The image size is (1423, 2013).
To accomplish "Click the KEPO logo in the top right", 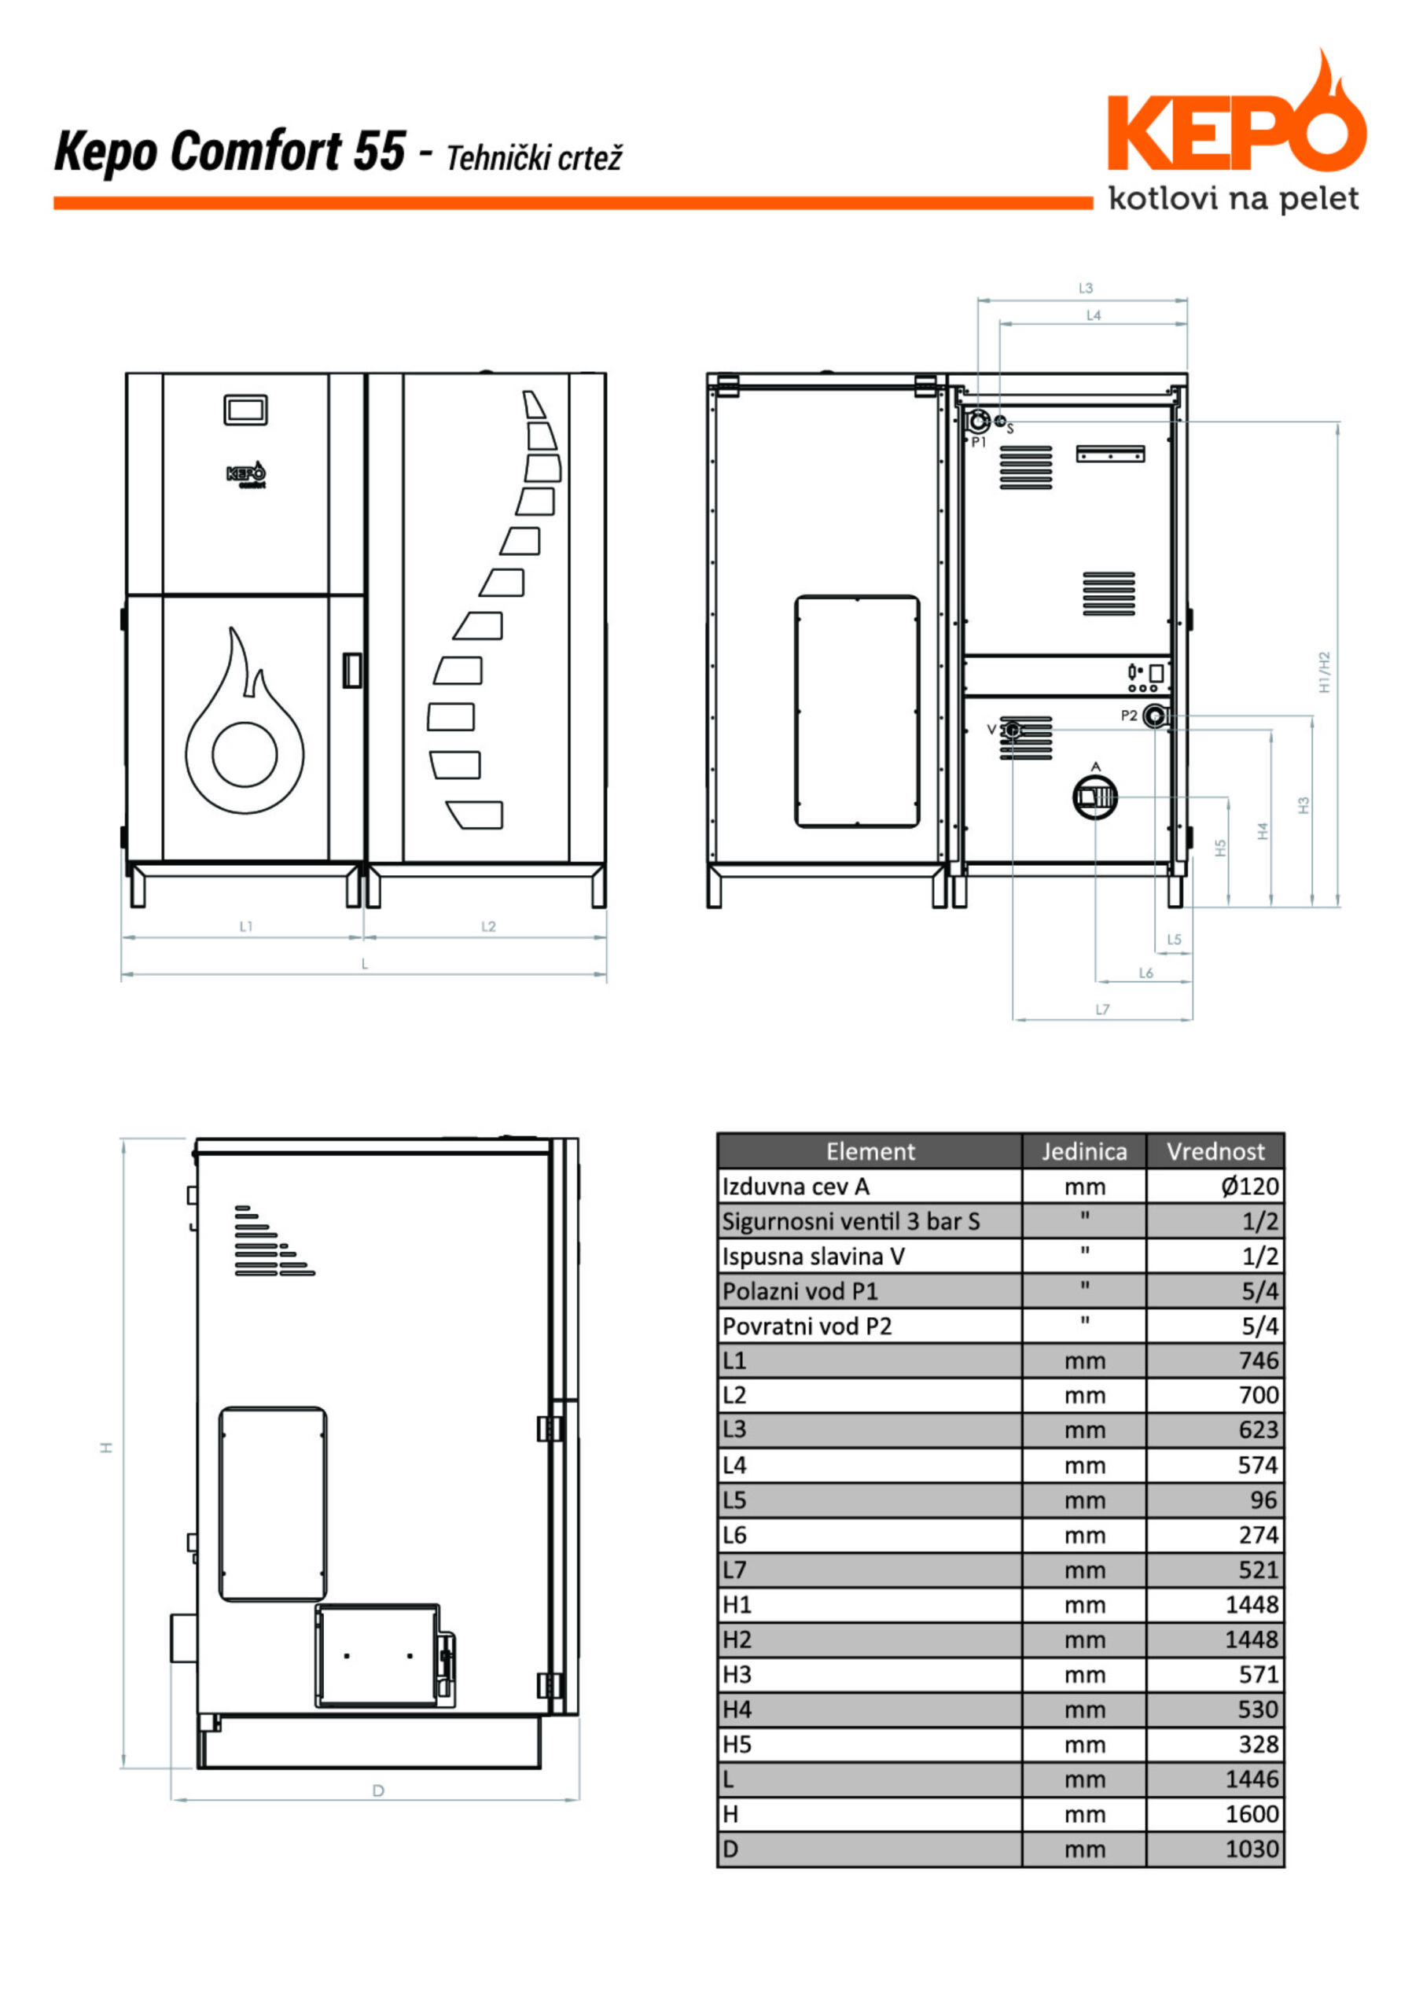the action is point(1236,131).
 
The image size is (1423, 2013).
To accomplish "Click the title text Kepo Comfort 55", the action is point(230,151).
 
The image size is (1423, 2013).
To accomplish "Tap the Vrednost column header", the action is point(1215,1152).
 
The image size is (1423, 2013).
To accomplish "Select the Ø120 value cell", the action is point(1249,1187).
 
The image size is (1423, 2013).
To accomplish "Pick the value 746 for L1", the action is point(1258,1360).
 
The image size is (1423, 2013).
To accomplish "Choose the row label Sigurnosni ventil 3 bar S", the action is point(851,1221).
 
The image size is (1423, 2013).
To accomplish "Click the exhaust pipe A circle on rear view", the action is point(1095,797).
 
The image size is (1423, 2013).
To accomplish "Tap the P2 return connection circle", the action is point(1156,717).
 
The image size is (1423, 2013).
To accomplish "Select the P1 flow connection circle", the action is point(977,421).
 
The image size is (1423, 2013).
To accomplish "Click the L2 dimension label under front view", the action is point(488,926).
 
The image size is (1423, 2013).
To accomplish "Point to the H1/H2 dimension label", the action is point(1325,672).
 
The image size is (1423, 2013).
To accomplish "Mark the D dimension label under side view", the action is point(378,1790).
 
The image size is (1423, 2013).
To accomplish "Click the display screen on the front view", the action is point(245,410).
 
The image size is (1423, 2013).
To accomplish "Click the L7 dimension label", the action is point(1102,1009).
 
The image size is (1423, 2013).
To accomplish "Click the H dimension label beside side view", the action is point(106,1448).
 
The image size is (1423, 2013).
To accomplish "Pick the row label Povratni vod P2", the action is point(807,1327).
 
